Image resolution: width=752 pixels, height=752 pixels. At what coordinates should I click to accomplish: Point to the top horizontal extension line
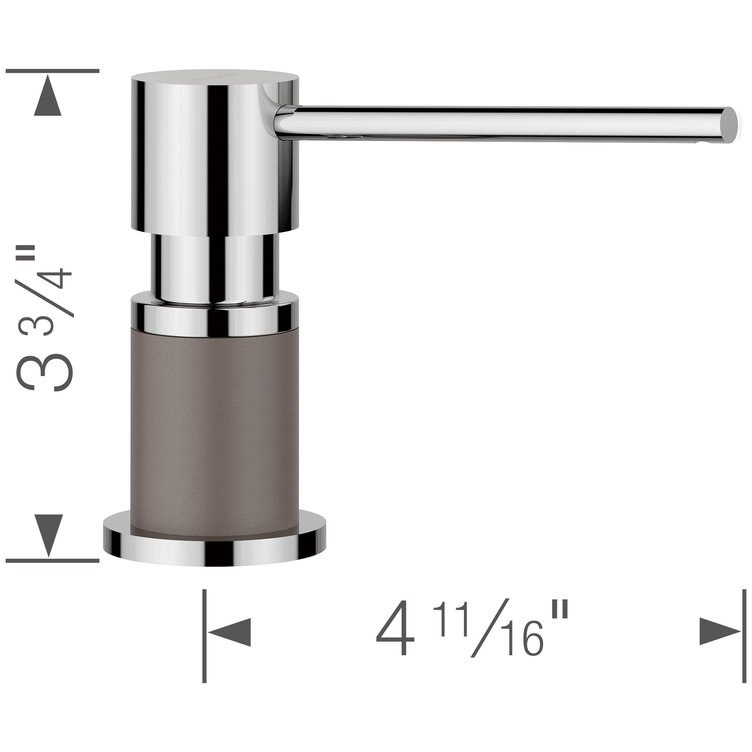(x=53, y=71)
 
